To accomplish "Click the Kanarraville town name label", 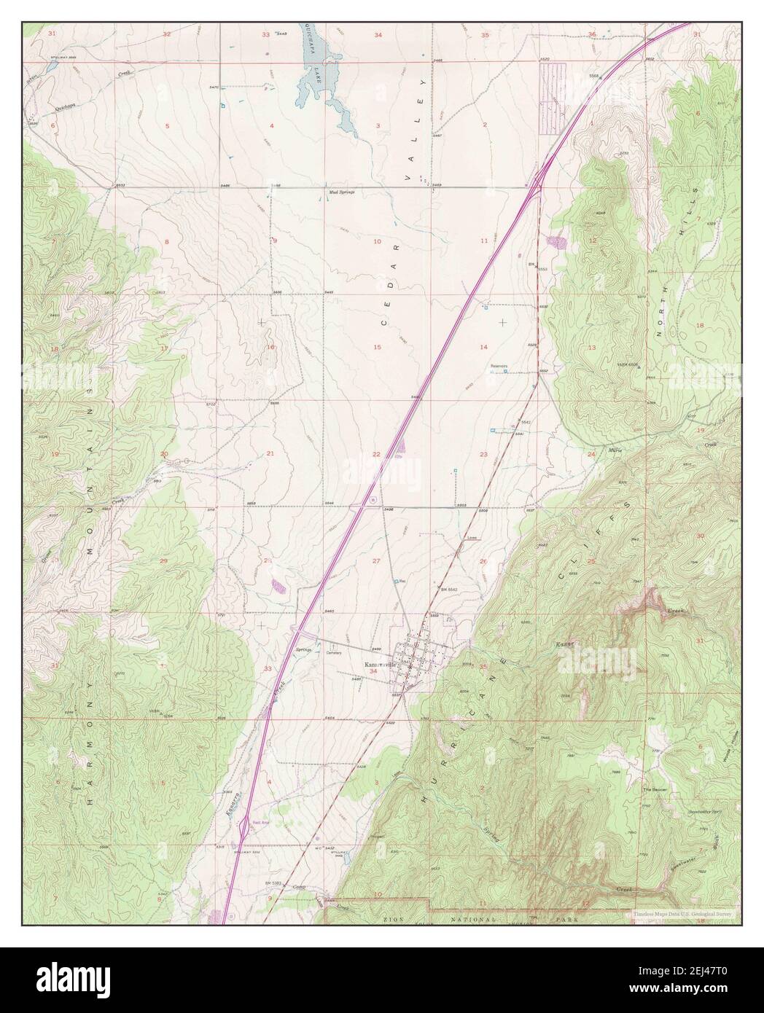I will click(379, 665).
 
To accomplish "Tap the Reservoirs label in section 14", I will click(499, 366).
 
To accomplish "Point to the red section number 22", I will click(377, 454).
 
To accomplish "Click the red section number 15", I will click(378, 347).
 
